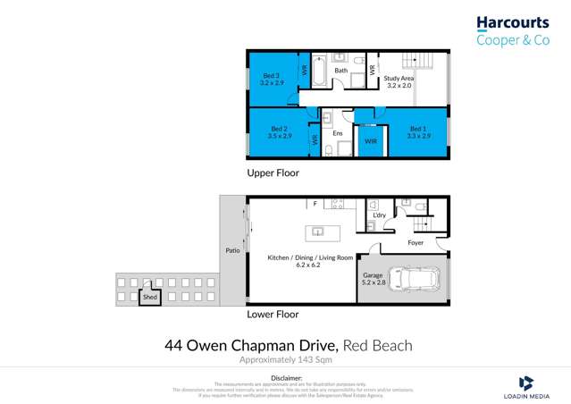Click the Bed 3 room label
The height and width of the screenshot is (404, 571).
tap(271, 79)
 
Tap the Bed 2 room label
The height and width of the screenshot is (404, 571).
tap(280, 132)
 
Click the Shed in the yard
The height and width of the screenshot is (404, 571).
tap(149, 295)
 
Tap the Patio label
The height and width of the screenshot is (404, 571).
tap(233, 251)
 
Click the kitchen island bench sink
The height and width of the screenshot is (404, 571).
tap(315, 233)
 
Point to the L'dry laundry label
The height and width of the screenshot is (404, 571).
tap(376, 215)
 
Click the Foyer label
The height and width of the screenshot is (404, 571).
tap(416, 241)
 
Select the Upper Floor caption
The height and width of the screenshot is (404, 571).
tap(273, 173)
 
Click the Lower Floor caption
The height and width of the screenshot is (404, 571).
tap(273, 315)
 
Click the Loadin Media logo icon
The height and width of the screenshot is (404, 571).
tap(526, 381)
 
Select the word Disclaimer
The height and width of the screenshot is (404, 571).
tap(286, 378)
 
